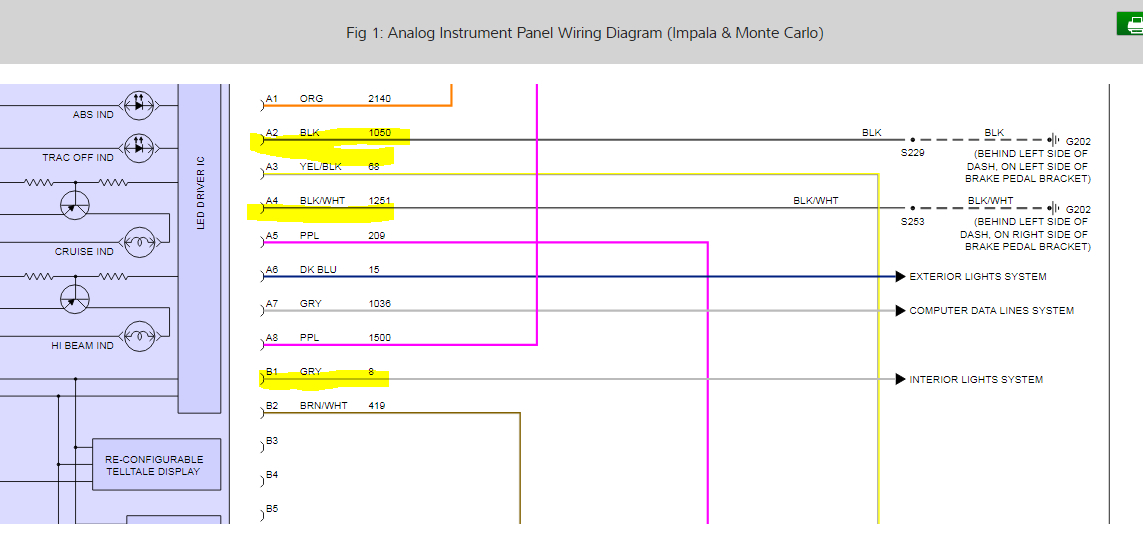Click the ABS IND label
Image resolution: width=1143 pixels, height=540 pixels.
point(93,115)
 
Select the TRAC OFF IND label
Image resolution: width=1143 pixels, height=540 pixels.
point(78,158)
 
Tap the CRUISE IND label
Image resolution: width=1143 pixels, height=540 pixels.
point(84,252)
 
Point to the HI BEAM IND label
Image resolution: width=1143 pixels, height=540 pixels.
point(83,346)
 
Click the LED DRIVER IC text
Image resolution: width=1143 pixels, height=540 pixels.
point(201,190)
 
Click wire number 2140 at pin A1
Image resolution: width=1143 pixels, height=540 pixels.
point(379,99)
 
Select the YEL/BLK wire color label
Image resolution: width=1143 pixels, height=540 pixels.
point(320,167)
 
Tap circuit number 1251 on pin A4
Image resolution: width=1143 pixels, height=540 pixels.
point(379,201)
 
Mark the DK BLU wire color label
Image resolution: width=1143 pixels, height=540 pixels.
point(317,270)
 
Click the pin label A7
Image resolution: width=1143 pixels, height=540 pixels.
point(271,304)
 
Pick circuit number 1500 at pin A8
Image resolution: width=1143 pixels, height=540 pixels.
point(379,338)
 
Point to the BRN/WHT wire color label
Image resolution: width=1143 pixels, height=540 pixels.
point(322,406)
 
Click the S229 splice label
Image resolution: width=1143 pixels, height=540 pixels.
point(912,153)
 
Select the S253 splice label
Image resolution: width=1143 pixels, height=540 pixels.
point(912,222)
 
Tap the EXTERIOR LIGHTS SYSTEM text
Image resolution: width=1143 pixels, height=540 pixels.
point(977,277)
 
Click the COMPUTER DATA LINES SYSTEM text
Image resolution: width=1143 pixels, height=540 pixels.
point(991,311)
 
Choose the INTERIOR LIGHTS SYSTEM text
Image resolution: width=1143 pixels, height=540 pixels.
point(975,380)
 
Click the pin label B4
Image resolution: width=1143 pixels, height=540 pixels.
point(271,475)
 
